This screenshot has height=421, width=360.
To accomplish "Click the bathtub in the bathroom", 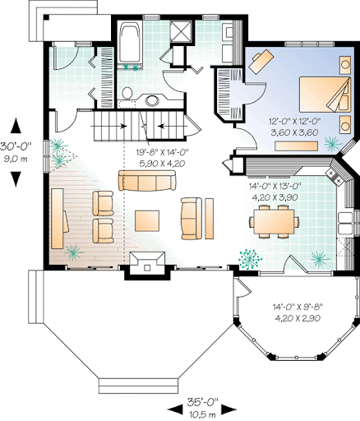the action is pyautogui.click(x=130, y=43).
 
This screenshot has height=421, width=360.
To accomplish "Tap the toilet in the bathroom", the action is pyautogui.click(x=127, y=93).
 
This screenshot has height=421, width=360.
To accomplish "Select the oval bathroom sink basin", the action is pyautogui.click(x=152, y=100).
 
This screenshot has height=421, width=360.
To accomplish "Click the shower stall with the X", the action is pyautogui.click(x=180, y=30).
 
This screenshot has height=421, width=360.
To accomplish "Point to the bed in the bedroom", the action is pyautogui.click(x=325, y=95).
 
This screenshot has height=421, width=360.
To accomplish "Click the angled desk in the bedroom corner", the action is pyautogui.click(x=261, y=61).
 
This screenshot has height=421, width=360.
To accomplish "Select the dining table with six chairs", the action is pyautogui.click(x=274, y=221).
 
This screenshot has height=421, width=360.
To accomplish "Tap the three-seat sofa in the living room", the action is pyautogui.click(x=147, y=180).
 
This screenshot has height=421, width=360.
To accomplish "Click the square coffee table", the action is pyautogui.click(x=147, y=220).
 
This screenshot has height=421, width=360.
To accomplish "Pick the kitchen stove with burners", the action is pyautogui.click(x=335, y=176).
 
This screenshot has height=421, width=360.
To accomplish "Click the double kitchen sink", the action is pyautogui.click(x=345, y=222).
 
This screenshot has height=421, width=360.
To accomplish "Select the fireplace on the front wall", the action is pyautogui.click(x=148, y=264).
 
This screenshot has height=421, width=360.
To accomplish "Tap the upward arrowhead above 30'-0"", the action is pyautogui.click(x=16, y=126).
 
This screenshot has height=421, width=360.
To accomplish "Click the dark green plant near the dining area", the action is pyautogui.click(x=249, y=259).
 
